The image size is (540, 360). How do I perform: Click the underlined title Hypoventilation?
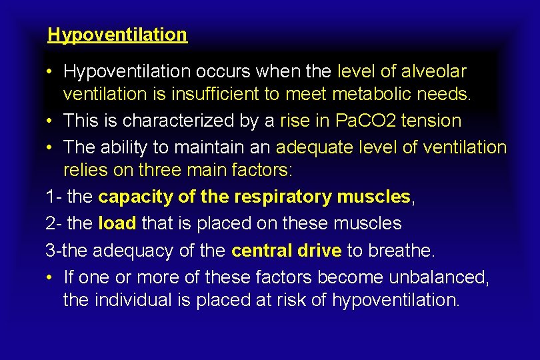tap(117, 35)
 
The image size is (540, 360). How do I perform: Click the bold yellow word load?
tap(117, 223)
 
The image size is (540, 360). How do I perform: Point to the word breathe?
tap(403, 251)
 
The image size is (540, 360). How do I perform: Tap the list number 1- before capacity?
tap(54, 197)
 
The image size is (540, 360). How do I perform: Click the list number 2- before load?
tap(54, 223)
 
